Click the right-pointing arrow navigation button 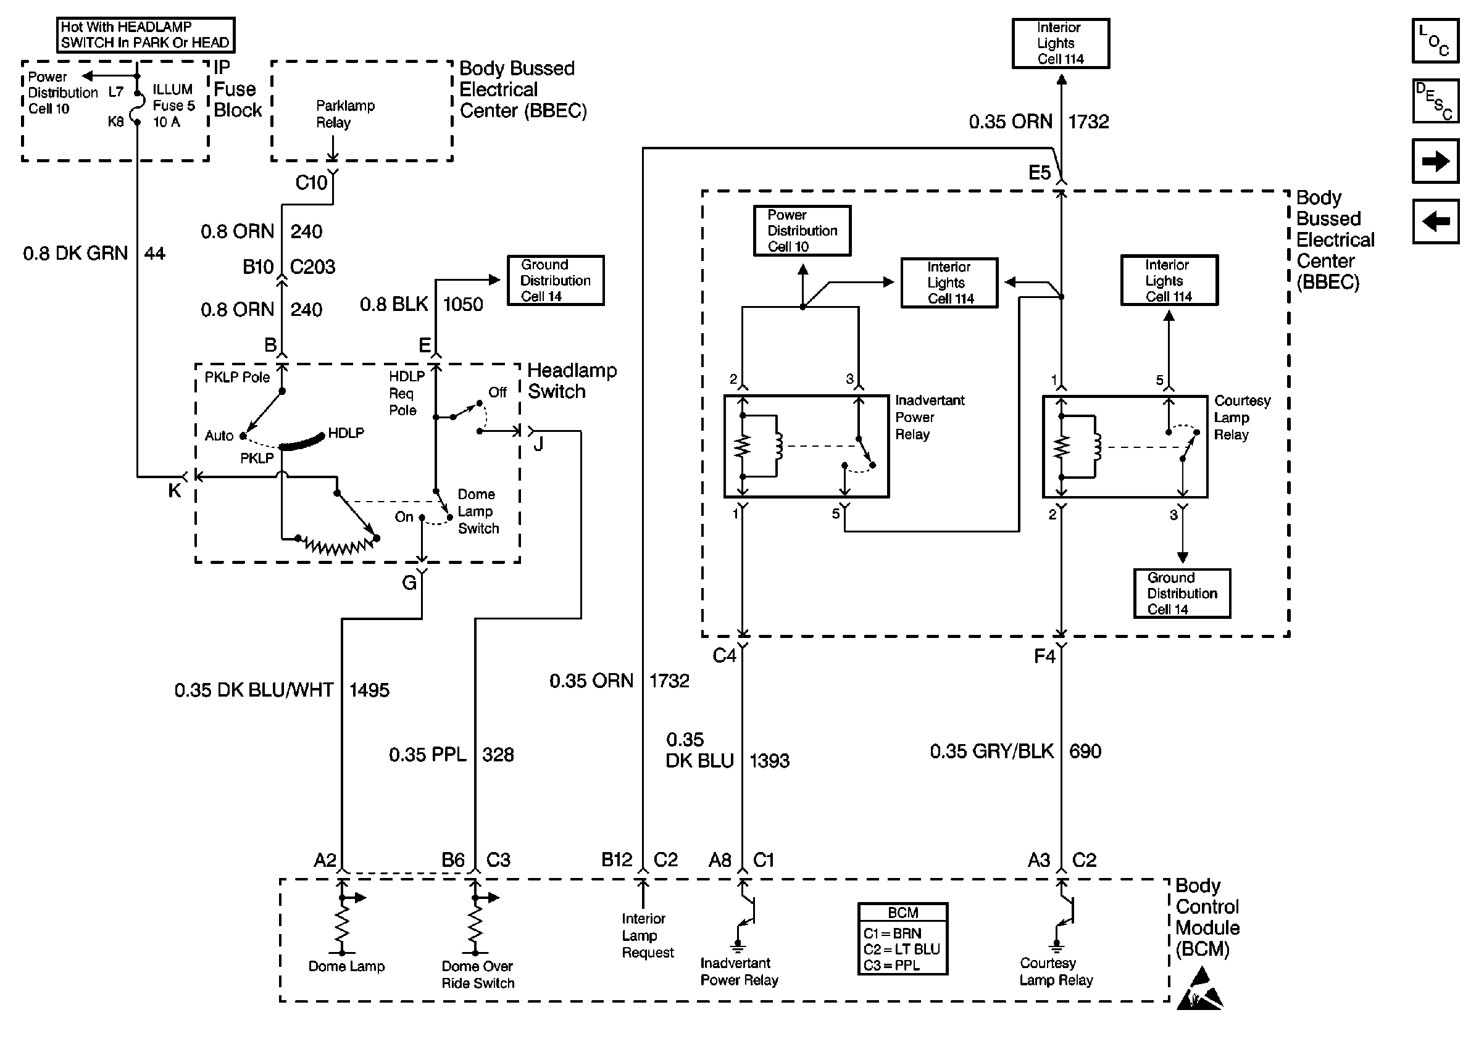pyautogui.click(x=1435, y=161)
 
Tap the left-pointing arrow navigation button pyautogui.click(x=1435, y=222)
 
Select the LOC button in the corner pyautogui.click(x=1435, y=41)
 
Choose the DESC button pyautogui.click(x=1435, y=101)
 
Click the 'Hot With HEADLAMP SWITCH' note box pyautogui.click(x=145, y=35)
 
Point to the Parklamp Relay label pyautogui.click(x=344, y=114)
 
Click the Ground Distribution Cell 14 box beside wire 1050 pyautogui.click(x=556, y=280)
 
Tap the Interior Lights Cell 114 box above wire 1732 pyautogui.click(x=1061, y=43)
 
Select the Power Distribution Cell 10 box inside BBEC pyautogui.click(x=802, y=230)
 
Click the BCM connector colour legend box pyautogui.click(x=902, y=938)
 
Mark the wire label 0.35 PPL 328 pyautogui.click(x=451, y=755)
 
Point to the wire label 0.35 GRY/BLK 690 pyautogui.click(x=1015, y=752)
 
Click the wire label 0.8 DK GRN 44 pyautogui.click(x=94, y=253)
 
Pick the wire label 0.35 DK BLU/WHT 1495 pyautogui.click(x=281, y=690)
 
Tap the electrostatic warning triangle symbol pyautogui.click(x=1199, y=990)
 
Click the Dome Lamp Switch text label pyautogui.click(x=478, y=511)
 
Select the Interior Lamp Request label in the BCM pyautogui.click(x=646, y=935)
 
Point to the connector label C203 pyautogui.click(x=313, y=267)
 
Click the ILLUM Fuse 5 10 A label pyautogui.click(x=173, y=106)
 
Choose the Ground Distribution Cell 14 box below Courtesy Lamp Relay pyautogui.click(x=1182, y=594)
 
